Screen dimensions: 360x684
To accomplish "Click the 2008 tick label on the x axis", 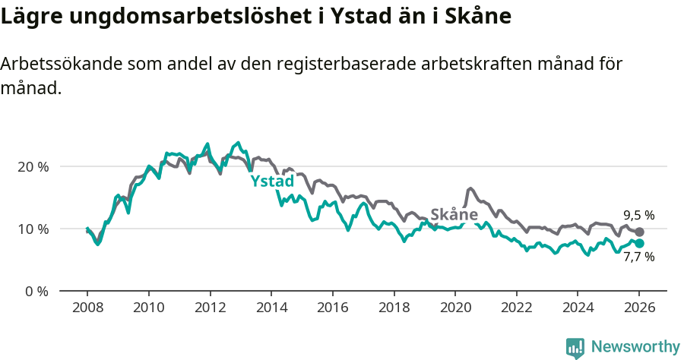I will click(87, 308).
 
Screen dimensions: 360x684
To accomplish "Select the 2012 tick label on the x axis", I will click(210, 308).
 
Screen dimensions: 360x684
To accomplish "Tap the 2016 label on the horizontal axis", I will click(332, 308).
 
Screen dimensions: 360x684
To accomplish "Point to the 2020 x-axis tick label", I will click(454, 308).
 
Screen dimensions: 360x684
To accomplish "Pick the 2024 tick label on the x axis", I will click(577, 308).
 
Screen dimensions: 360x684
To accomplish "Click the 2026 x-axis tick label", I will click(638, 308).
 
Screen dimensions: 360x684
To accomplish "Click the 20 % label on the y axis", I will click(33, 166).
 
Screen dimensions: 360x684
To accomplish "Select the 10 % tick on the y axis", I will click(33, 229).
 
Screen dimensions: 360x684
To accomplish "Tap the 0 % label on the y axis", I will click(36, 291).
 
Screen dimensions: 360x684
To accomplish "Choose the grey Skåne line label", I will click(454, 214).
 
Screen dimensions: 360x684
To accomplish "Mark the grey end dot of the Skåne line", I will click(639, 232).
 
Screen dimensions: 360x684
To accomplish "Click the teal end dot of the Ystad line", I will click(639, 243).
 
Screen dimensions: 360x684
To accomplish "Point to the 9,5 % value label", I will click(638, 215).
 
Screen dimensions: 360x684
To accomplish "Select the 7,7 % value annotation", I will click(638, 257).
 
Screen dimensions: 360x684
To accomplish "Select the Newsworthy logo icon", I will click(575, 348).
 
